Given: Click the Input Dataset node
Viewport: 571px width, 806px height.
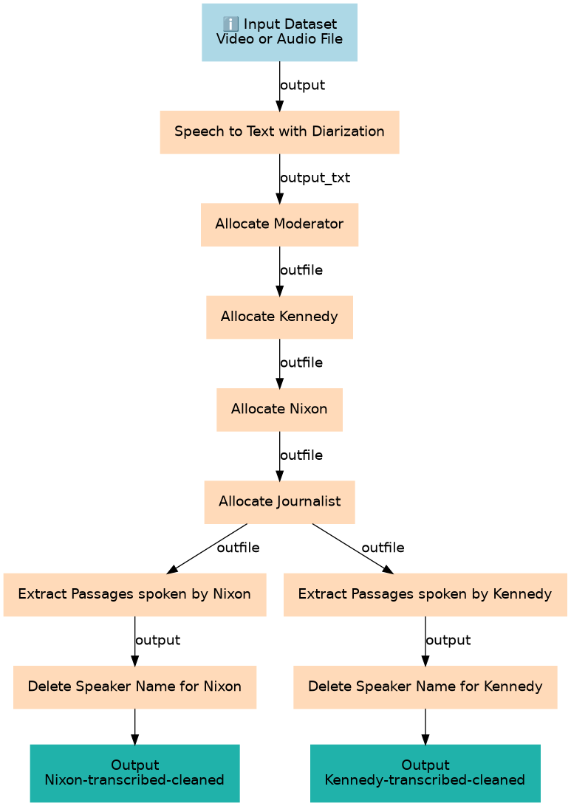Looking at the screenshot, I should point(279,32).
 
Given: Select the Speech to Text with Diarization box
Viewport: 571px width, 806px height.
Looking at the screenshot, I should point(279,132).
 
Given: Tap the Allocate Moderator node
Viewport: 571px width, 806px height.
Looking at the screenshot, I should point(279,224).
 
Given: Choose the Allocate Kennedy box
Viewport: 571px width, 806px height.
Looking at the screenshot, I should point(279,317).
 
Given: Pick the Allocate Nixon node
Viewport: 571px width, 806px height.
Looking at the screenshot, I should point(279,410).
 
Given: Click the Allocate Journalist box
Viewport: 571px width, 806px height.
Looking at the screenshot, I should point(279,502).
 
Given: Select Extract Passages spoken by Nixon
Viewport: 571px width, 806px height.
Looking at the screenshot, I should point(134,594).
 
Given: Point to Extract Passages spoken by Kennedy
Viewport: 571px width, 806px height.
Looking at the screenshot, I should point(425,594).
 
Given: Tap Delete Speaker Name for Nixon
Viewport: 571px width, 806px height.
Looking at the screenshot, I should point(134,687).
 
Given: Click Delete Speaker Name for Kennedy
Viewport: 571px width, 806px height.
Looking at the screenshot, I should point(425,687).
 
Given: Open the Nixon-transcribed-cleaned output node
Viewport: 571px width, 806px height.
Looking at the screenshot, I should point(134,773).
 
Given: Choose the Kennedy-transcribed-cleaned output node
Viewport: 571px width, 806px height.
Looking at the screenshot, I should point(425,773).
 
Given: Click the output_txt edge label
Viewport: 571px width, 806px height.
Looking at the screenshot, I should point(315,178).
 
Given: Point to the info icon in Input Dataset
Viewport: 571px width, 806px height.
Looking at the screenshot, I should point(230,24).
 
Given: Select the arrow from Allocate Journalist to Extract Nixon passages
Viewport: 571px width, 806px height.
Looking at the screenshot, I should point(208,548).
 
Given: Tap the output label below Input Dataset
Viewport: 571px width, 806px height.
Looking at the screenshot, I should point(302,86).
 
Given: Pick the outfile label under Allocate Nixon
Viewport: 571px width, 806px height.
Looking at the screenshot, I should point(301,455).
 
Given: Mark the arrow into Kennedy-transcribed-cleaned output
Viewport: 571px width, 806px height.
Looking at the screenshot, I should point(425,726).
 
